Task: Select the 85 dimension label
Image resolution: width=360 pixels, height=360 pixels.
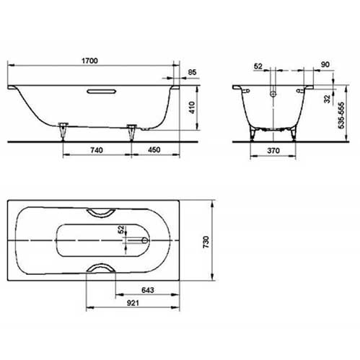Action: click(192, 72)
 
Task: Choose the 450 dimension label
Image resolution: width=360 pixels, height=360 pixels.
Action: click(155, 150)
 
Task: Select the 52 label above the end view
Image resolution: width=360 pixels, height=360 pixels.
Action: click(258, 65)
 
